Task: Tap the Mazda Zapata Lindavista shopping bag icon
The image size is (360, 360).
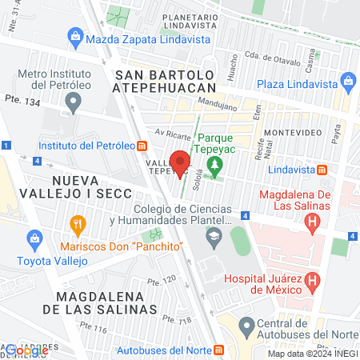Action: tap(75, 36)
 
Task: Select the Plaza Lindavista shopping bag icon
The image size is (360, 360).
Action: tap(348, 81)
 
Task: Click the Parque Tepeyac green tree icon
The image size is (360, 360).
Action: tap(214, 166)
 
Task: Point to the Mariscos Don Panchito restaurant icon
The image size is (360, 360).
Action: tap(77, 223)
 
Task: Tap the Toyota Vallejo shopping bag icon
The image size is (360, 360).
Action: tap(34, 238)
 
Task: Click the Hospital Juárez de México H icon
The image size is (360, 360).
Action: tap(312, 281)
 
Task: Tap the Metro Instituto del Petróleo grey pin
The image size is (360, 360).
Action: tap(74, 102)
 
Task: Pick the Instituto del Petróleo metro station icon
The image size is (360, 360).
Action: tap(142, 146)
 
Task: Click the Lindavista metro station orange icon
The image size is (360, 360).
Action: tap(322, 170)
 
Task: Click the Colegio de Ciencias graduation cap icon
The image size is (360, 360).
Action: tap(214, 236)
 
